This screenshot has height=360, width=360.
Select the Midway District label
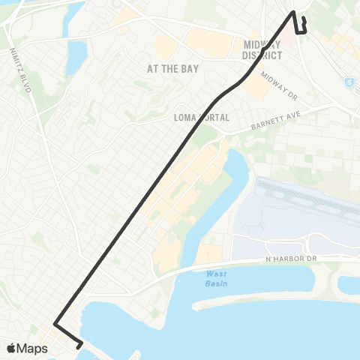pos(262,50)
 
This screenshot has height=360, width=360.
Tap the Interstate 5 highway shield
pos(349,82)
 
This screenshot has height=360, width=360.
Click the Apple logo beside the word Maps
pos(11,349)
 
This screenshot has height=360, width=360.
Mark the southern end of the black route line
pos(80,347)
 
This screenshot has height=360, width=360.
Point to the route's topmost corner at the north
pos(293,13)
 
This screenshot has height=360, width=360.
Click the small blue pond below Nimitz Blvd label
pos(76,53)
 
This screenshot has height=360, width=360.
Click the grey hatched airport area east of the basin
pos(300,210)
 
